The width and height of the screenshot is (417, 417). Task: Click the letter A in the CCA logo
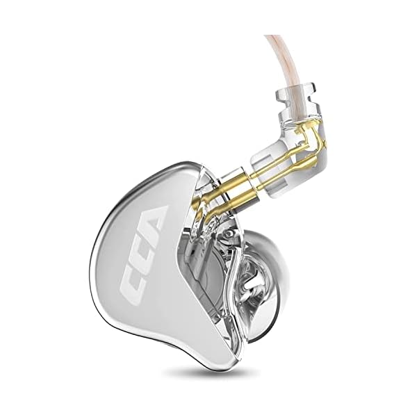(152, 225)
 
